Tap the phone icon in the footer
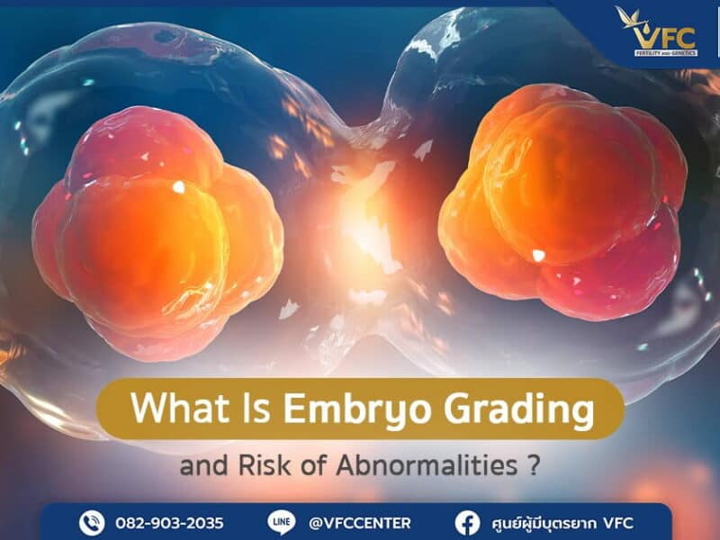coord(91,522)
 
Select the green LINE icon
coord(280,522)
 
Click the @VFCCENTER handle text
coord(359,523)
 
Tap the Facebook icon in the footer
coord(467,522)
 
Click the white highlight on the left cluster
coord(178,187)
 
